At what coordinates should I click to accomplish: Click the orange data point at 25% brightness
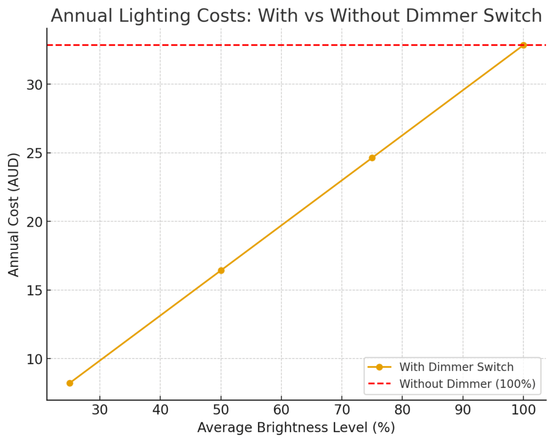point(70,383)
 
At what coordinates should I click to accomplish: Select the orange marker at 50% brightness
point(221,270)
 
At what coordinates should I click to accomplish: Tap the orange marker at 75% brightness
point(372,158)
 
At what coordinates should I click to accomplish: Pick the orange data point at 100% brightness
point(523,45)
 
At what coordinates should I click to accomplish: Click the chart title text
point(296,16)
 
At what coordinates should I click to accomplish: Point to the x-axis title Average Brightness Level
point(296,428)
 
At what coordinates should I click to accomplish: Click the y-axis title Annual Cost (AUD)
point(14,215)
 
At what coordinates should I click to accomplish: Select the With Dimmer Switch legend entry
point(456,367)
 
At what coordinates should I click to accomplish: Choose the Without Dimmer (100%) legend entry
point(467,384)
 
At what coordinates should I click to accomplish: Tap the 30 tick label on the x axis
point(100,409)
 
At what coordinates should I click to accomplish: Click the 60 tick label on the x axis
point(281,409)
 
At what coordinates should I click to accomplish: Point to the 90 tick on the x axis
point(463,409)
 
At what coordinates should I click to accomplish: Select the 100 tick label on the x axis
point(523,409)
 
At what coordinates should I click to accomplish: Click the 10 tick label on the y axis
point(35,359)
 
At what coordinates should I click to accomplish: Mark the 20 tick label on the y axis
point(35,222)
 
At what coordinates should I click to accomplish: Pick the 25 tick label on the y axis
point(35,153)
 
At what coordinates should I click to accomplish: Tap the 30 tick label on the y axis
point(35,84)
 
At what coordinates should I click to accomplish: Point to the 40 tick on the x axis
point(161,409)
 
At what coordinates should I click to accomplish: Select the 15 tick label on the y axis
point(35,290)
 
